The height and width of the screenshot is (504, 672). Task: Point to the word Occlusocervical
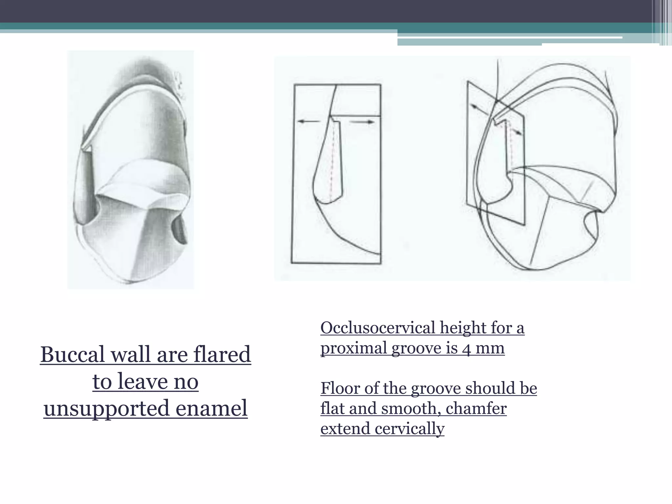[x=378, y=327]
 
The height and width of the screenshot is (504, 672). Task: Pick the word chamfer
[x=476, y=409]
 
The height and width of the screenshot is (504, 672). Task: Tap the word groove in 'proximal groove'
[x=416, y=348]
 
